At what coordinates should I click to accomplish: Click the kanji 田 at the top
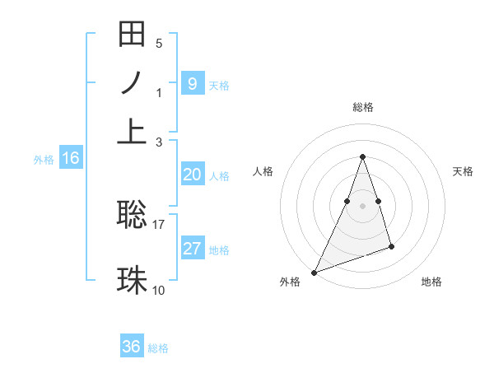(x=132, y=35)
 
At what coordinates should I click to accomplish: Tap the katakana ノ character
(x=132, y=82)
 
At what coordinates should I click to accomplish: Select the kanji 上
(x=132, y=130)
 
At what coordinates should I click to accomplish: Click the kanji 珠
(x=132, y=280)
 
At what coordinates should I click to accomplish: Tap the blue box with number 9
(x=192, y=83)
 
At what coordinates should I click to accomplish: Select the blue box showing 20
(x=192, y=175)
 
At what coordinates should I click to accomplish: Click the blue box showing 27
(x=192, y=249)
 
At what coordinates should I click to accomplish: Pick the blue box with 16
(x=70, y=159)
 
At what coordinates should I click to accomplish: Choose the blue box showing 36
(x=132, y=347)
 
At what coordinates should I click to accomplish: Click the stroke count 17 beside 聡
(x=159, y=223)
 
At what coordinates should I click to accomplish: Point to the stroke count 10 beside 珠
(x=159, y=290)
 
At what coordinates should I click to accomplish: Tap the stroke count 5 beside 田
(x=159, y=43)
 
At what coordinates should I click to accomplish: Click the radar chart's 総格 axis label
(x=362, y=107)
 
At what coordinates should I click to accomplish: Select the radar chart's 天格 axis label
(x=463, y=171)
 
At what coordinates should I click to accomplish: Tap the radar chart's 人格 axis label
(x=263, y=171)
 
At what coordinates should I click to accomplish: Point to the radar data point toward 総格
(x=362, y=157)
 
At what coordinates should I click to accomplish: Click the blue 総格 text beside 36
(x=158, y=348)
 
